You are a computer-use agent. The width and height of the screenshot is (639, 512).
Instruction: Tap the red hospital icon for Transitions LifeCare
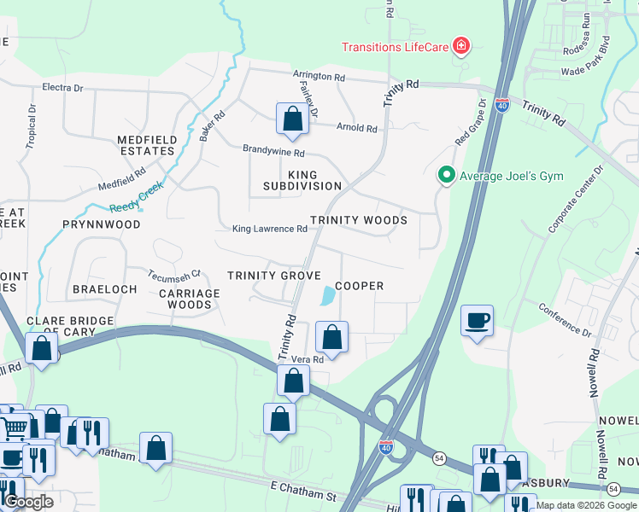point(461,45)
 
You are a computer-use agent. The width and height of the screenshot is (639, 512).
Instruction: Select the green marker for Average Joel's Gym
point(446,176)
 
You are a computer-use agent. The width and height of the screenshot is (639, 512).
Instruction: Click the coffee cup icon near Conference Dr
point(477,321)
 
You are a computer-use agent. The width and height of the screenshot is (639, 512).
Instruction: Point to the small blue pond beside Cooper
point(327,296)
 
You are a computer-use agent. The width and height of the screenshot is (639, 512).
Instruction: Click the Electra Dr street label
point(62,88)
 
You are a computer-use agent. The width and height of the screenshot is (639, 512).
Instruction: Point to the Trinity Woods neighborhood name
point(358,220)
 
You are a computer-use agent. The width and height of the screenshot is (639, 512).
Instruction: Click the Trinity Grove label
point(273,276)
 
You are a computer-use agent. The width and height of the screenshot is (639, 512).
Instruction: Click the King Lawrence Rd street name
point(269,229)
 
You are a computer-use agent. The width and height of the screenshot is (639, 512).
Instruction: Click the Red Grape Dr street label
point(470,122)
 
